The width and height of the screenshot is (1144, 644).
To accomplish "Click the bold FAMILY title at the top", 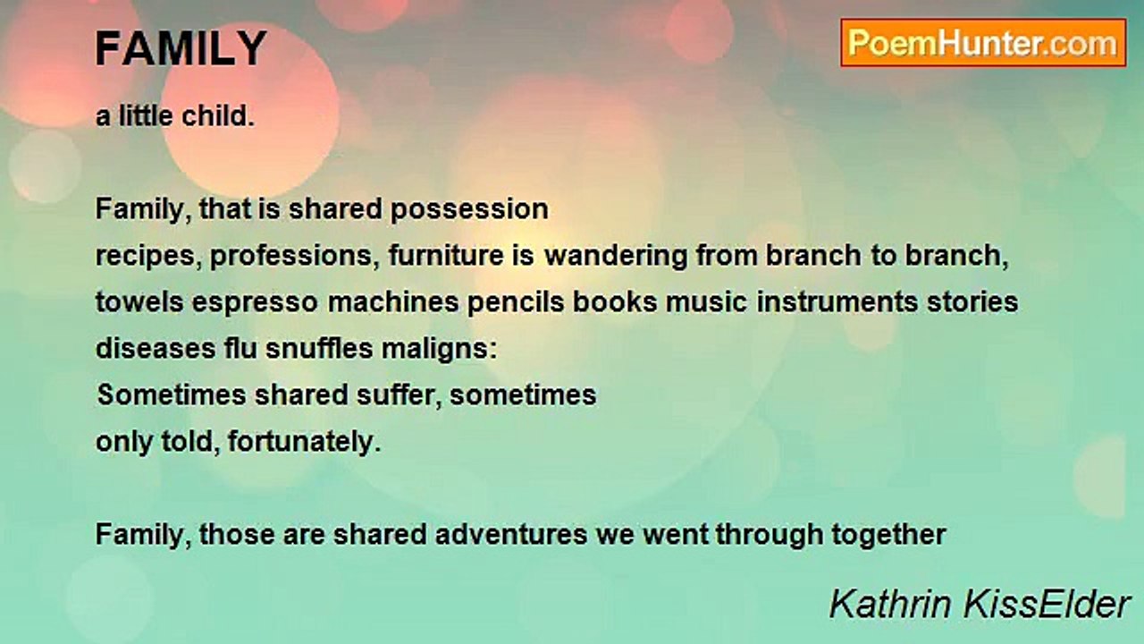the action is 181,48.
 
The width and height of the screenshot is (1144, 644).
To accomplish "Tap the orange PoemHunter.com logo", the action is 983,43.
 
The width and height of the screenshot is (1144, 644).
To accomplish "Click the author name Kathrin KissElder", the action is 980,605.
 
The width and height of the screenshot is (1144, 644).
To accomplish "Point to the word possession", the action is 469,210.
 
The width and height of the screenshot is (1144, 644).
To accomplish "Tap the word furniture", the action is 446,256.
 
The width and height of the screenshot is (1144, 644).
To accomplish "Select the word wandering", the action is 616,257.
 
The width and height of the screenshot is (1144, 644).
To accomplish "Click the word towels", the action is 139,301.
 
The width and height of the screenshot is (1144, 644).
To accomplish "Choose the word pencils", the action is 516,301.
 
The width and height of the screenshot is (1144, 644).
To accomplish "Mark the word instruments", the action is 837,302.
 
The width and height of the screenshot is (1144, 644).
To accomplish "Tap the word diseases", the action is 156,349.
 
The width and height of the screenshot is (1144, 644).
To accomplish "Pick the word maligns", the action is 440,350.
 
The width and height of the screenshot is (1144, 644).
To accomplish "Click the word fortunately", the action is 305,443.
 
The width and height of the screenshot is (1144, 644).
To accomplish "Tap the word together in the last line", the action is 888,536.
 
